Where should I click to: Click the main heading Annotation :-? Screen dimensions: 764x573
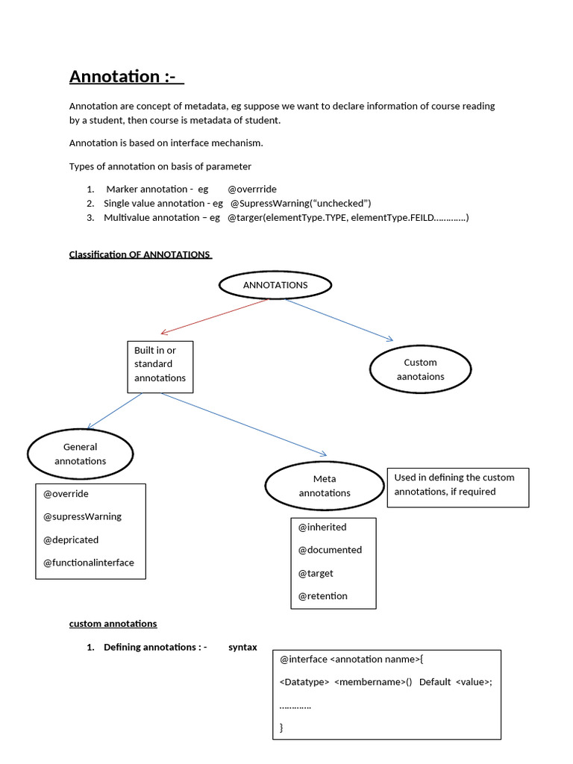126,76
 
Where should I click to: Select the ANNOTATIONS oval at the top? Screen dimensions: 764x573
275,284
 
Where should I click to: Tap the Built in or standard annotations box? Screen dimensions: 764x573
160,367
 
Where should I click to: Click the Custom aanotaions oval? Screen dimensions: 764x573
421,369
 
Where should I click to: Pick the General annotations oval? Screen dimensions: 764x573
80,454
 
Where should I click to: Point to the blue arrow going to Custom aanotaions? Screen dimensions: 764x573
339,320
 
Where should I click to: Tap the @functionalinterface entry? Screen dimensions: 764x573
89,563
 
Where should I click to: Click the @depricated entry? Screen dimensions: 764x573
71,539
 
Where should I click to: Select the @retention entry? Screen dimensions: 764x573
323,596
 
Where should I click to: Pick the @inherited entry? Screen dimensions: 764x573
322,527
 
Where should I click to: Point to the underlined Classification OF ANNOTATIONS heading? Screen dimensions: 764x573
140,254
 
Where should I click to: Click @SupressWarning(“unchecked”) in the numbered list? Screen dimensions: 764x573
301,203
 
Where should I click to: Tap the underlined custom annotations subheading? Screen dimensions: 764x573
113,624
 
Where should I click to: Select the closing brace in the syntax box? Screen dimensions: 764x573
282,727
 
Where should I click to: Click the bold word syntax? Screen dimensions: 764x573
242,647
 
